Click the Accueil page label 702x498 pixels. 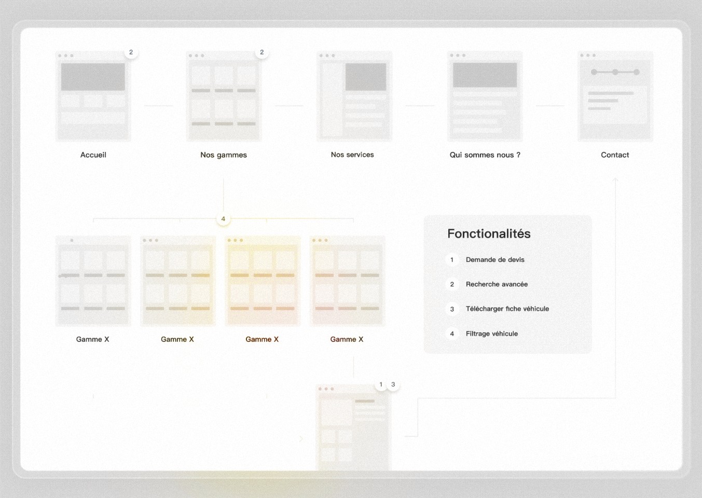[x=93, y=155]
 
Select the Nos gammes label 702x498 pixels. [x=224, y=155]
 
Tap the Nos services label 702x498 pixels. [x=352, y=155]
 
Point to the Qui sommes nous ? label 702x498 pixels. [x=485, y=155]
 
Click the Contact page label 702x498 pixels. [x=615, y=155]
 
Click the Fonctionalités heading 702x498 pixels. [x=489, y=234]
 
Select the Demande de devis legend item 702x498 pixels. [x=495, y=259]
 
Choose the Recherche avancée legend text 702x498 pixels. [x=497, y=284]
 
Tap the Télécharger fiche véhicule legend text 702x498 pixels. [x=507, y=309]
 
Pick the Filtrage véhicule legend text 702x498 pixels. [x=492, y=334]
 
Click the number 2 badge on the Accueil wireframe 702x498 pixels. [x=131, y=52]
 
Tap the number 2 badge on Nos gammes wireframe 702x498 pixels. [x=261, y=52]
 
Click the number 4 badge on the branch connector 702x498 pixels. [x=223, y=219]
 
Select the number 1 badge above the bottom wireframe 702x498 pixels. [x=381, y=384]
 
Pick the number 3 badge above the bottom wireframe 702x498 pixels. [x=393, y=384]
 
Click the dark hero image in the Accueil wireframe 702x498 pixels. [x=93, y=77]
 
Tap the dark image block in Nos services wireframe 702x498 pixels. [x=366, y=77]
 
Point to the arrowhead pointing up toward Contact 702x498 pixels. [x=615, y=179]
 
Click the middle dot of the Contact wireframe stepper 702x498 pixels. [x=615, y=72]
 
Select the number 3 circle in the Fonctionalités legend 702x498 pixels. [x=452, y=309]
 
